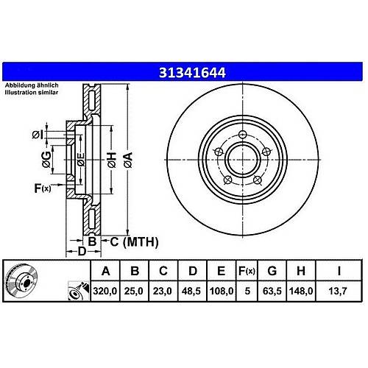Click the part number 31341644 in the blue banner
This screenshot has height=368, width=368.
[x=192, y=73]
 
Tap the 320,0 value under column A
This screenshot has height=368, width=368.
[x=105, y=291]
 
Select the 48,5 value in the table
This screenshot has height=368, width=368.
[x=191, y=291]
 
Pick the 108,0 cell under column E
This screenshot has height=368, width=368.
[x=222, y=291]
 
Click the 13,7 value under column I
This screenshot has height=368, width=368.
[x=338, y=291]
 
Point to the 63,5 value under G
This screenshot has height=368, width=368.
[x=272, y=291]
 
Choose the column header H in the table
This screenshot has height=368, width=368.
[x=301, y=271]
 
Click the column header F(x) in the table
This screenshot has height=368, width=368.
[x=247, y=271]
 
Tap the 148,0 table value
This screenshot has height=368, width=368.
[x=301, y=291]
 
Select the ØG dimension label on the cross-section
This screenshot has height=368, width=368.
[x=46, y=160]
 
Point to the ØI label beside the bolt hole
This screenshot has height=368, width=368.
[x=38, y=135]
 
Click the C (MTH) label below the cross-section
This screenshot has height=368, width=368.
[x=134, y=242]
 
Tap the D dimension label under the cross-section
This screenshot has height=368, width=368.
[x=82, y=251]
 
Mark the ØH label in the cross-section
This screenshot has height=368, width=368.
[x=112, y=160]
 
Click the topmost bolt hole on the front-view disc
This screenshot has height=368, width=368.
[x=243, y=134]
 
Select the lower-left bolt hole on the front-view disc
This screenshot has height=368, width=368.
[x=228, y=180]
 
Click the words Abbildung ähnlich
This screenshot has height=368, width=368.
[x=32, y=85]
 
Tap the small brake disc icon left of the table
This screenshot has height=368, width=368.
[x=21, y=280]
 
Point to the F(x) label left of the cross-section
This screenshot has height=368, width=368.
[x=43, y=188]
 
